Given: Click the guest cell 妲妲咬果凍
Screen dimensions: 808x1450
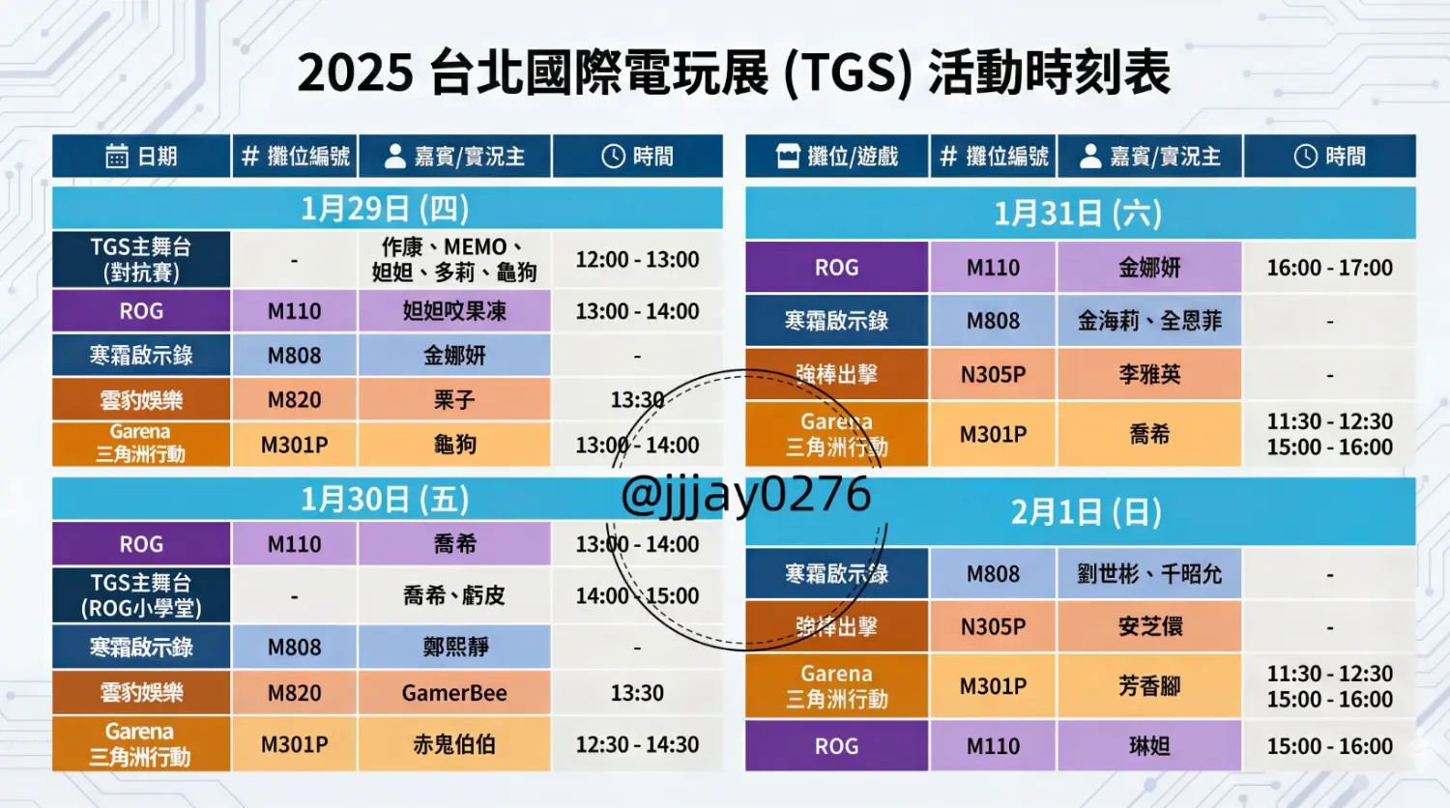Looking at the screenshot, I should tap(454, 311).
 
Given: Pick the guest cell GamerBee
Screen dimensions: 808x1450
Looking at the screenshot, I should tap(454, 693).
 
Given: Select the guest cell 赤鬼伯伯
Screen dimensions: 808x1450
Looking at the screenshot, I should tap(454, 744).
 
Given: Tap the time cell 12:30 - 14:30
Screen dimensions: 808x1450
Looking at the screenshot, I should tap(637, 744).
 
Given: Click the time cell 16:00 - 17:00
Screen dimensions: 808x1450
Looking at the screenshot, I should tap(1329, 268).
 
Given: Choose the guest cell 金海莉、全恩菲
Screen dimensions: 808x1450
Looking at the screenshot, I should tap(1149, 321).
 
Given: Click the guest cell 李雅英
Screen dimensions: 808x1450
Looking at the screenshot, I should tap(1149, 374).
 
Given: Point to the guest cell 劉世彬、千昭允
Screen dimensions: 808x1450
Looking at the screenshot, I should tap(1149, 574).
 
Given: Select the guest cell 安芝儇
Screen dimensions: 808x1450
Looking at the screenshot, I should tap(1149, 626).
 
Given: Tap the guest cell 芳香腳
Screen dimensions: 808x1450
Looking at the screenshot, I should tap(1149, 686).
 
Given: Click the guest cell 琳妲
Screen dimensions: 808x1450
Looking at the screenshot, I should tap(1149, 746).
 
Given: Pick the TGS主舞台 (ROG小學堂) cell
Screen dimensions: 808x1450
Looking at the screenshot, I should tap(141, 595).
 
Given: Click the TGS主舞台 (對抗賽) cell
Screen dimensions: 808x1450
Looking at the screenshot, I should tap(141, 259).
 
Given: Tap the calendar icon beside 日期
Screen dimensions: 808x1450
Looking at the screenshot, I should tap(117, 156).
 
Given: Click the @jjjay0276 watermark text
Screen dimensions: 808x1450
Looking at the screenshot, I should tap(745, 495).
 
